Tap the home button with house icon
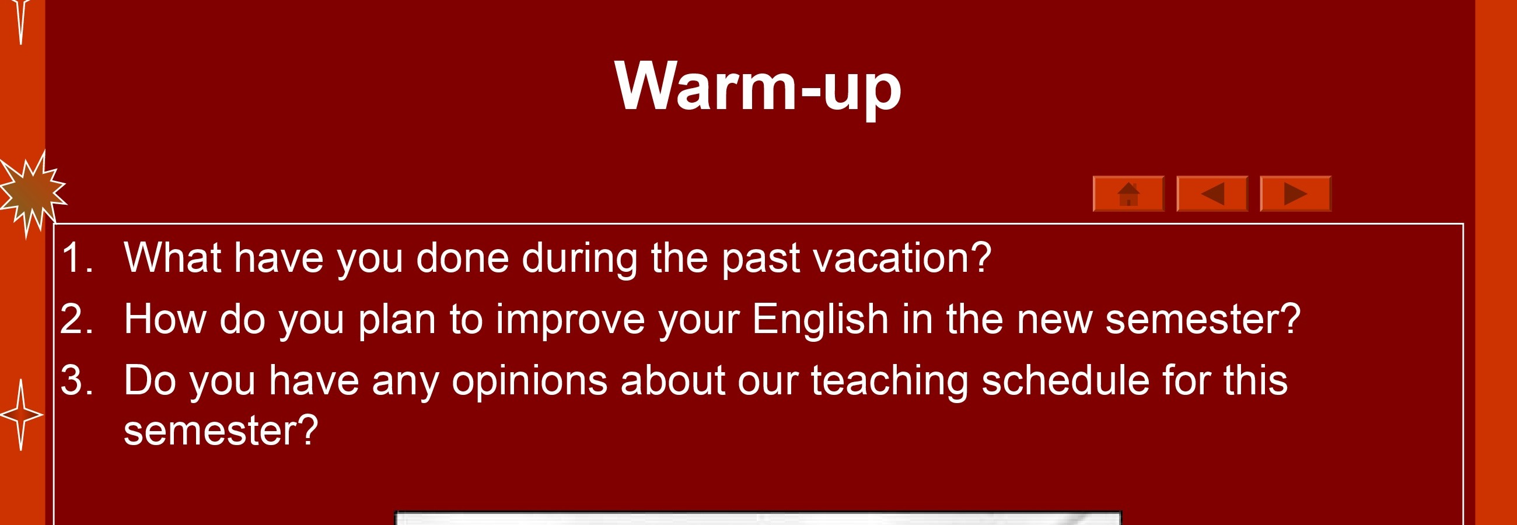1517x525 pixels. (x=1128, y=193)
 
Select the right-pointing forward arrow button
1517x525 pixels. (x=1295, y=193)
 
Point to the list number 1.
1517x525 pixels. (x=76, y=257)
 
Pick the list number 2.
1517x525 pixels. (x=76, y=318)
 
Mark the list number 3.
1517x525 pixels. (x=76, y=380)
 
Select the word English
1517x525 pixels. (x=820, y=319)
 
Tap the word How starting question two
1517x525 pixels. (x=165, y=318)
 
